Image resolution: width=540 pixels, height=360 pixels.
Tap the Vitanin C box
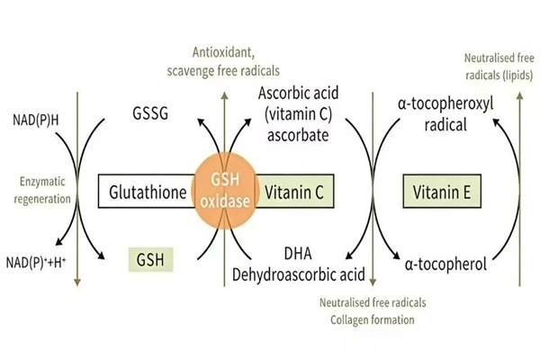tap(297, 192)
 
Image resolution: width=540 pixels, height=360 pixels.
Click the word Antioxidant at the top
tap(223, 53)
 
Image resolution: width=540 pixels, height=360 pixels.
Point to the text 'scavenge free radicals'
tap(223, 70)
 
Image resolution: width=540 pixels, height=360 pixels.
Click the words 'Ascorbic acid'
tap(297, 93)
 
